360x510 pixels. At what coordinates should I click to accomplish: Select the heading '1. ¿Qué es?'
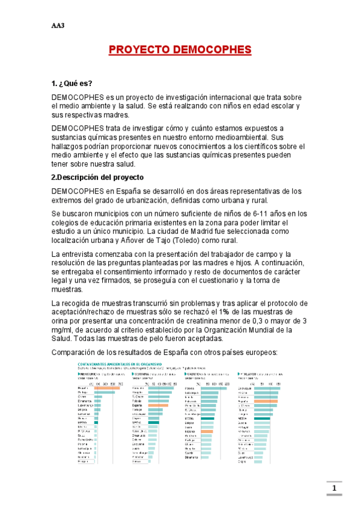[x=72, y=84]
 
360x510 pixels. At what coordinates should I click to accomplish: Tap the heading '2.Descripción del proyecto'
[x=97, y=177]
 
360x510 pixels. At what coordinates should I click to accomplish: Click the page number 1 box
[x=334, y=488]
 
